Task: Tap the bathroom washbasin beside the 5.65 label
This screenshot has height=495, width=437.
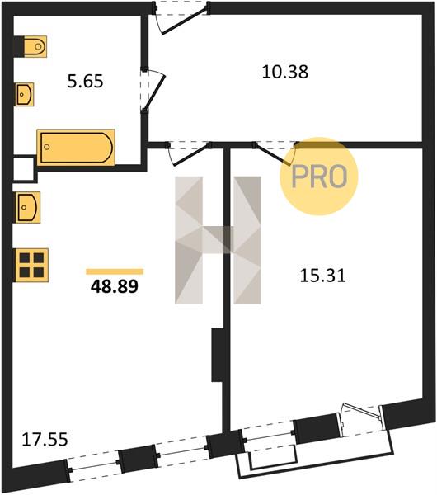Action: pos(25,94)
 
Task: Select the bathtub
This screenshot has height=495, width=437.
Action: pos(76,148)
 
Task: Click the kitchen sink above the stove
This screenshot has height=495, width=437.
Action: pos(28,207)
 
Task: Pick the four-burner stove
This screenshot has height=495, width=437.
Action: pos(31,265)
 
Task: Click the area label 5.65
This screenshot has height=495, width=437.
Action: pos(85,81)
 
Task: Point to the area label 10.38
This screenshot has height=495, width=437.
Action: pos(285,72)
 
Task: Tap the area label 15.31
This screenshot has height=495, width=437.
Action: pos(322,276)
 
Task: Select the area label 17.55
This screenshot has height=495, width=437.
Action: pos(45,440)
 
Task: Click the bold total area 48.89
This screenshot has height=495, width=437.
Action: pos(115,286)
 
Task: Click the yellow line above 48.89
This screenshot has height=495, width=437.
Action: pos(115,271)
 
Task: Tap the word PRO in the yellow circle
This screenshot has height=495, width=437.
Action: pos(319,177)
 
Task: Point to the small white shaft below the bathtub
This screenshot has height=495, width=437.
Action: pos(23,169)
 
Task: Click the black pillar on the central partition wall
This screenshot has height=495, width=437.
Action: pos(218,355)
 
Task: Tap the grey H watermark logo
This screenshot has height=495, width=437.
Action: pos(218,240)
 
